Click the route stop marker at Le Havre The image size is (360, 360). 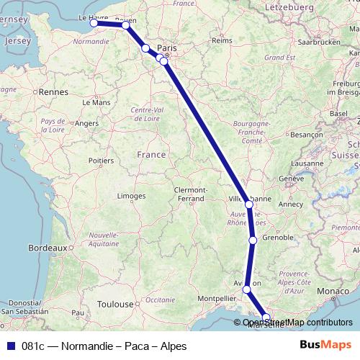[94, 23]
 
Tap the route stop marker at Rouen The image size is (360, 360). [126, 25]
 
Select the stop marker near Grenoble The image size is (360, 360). [253, 240]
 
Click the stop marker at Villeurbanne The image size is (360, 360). [249, 204]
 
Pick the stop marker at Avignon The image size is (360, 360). [247, 289]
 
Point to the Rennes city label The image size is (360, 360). [53, 92]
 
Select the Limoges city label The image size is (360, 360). [131, 195]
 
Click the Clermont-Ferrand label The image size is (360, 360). [190, 194]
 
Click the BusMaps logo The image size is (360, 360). [325, 346]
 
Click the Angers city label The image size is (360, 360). [86, 123]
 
